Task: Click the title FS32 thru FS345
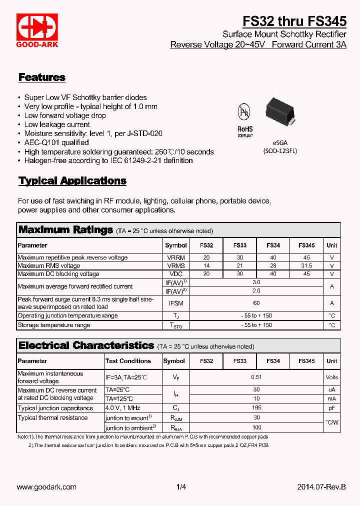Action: [294, 21]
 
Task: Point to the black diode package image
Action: [279, 112]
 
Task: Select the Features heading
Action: [42, 77]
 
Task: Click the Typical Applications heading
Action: [72, 181]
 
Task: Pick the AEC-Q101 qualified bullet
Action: [56, 142]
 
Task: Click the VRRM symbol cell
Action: [176, 257]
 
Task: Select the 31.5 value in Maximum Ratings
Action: [306, 266]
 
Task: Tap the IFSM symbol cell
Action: [176, 303]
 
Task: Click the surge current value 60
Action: [256, 303]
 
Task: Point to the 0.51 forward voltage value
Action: [256, 377]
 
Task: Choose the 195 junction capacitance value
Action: [256, 407]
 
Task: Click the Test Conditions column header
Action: [128, 361]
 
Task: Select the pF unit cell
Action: [332, 407]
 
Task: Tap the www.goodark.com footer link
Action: [46, 487]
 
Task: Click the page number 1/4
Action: [181, 487]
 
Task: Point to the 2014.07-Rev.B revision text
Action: [321, 487]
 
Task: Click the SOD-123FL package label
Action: [280, 151]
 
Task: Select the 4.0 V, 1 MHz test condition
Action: [122, 407]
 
